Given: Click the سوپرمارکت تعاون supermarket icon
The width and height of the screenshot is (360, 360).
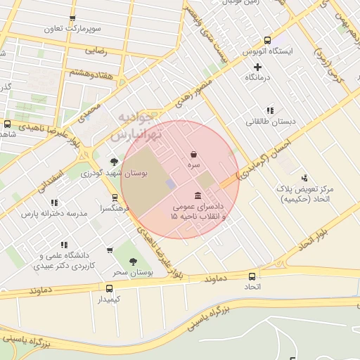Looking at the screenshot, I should (x=72, y=18).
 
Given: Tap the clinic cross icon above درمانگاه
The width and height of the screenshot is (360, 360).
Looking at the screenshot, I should (x=258, y=67).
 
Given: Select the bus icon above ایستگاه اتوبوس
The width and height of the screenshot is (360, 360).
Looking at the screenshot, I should (x=266, y=41).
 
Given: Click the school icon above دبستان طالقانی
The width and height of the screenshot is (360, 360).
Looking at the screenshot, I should (x=269, y=110).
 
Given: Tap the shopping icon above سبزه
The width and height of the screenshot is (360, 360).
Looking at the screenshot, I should (x=193, y=154).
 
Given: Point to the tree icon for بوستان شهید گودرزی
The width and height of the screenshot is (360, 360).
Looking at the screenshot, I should (x=114, y=162).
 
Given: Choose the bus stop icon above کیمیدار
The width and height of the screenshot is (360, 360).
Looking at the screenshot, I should (x=109, y=288).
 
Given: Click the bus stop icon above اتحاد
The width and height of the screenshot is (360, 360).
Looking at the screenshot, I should (x=252, y=276).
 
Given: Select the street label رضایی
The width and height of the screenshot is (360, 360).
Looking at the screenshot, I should (x=96, y=51).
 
